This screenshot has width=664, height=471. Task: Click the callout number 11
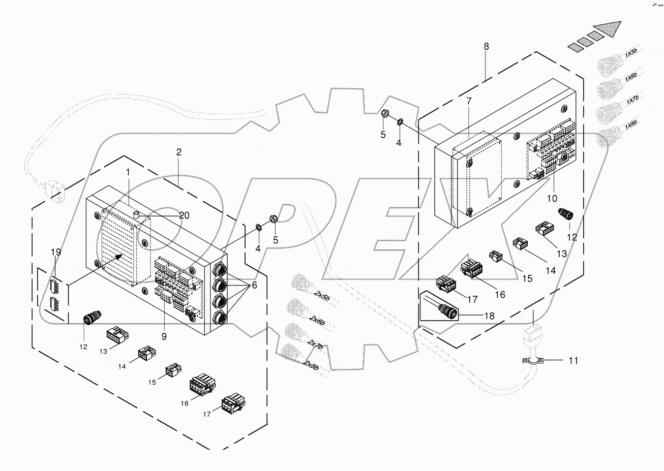click(573, 361)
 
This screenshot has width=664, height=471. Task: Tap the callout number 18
click(489, 316)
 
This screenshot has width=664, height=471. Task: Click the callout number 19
click(55, 252)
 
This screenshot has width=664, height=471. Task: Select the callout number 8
click(486, 46)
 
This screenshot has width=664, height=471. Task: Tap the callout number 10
click(552, 198)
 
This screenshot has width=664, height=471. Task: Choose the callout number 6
click(254, 286)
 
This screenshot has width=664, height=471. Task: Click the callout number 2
click(178, 152)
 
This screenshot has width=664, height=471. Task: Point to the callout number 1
click(128, 173)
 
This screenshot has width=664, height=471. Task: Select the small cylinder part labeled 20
click(136, 215)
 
